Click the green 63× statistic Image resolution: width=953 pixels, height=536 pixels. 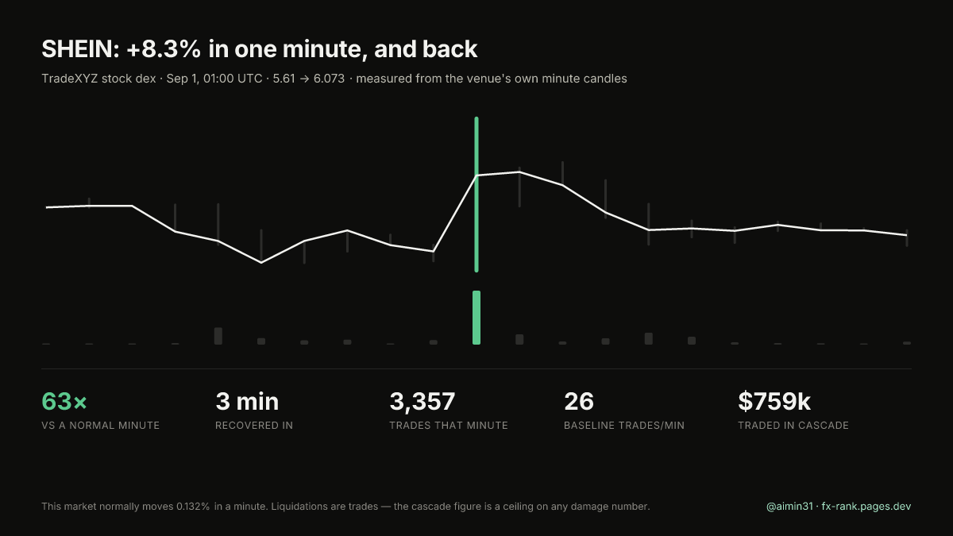[64, 401]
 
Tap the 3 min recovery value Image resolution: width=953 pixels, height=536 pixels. [247, 401]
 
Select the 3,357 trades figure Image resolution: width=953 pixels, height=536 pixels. [422, 402]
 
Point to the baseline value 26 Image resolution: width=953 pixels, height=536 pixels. [579, 401]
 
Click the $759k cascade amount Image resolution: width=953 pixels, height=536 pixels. [774, 401]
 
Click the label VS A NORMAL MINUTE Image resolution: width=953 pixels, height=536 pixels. [100, 426]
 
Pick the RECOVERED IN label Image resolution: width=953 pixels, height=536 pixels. [254, 426]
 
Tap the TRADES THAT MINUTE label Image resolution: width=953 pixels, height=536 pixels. [449, 426]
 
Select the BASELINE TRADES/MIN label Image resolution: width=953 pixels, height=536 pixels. [624, 426]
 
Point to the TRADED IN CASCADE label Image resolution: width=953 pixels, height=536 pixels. [793, 426]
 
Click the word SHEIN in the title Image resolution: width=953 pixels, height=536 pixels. [79, 49]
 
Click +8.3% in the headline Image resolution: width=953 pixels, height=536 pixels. [164, 49]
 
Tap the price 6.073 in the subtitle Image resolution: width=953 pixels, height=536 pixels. [329, 79]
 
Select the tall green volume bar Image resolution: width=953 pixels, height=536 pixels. [476, 318]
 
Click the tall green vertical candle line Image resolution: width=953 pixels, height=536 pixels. [476, 195]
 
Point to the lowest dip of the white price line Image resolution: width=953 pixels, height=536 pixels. [261, 263]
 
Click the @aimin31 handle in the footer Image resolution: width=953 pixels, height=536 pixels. [789, 507]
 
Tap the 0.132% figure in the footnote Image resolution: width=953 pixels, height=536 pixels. [193, 507]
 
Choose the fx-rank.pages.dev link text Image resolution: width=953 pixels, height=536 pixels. [866, 507]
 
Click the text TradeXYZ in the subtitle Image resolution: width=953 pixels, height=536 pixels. [70, 79]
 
